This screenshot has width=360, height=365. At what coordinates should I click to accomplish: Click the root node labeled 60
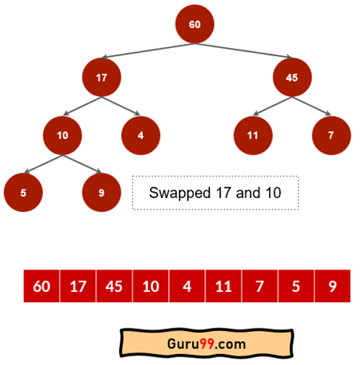194,24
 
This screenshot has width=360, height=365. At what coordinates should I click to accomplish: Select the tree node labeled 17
102,78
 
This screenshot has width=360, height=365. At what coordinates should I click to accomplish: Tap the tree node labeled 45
292,78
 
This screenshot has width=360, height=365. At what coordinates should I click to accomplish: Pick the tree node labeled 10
62,135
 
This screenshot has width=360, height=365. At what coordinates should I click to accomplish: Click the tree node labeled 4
141,135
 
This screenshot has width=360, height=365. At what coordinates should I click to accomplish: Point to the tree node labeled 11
253,135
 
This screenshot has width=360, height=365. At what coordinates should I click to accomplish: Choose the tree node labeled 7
331,135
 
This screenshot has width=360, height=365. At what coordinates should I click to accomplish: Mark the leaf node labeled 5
23,193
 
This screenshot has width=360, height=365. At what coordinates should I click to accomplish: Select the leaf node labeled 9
102,193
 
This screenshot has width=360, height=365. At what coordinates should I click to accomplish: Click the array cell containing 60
41,286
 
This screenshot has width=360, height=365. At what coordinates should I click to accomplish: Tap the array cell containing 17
78,286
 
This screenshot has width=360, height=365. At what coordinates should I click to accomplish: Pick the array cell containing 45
114,286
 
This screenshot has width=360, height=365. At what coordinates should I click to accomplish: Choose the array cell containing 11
223,286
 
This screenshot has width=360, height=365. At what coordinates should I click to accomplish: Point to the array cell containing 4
187,286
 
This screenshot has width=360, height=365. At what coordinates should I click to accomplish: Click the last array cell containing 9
333,286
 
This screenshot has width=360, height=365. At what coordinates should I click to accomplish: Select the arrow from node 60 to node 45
243,50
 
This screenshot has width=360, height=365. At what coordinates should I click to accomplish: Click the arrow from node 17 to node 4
121,106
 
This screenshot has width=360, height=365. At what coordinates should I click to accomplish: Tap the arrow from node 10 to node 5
43,164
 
